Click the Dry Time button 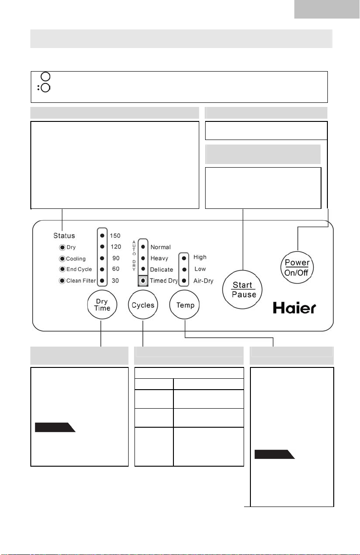coord(102,304)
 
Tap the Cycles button coord(143,305)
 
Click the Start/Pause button coord(242,290)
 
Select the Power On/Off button coord(297,267)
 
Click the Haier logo coord(294,308)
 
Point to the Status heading coord(64,236)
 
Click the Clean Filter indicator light coord(62,281)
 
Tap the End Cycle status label coord(79,269)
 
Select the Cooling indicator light coord(62,259)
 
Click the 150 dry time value coord(115,236)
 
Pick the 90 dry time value coord(116,258)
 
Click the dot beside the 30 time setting coord(102,281)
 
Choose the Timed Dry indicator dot coord(143,281)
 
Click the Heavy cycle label coord(159,258)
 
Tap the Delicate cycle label coord(161,270)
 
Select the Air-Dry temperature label coord(203,281)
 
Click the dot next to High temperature coord(184,258)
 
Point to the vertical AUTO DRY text coord(134,256)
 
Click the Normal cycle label coord(160,247)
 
